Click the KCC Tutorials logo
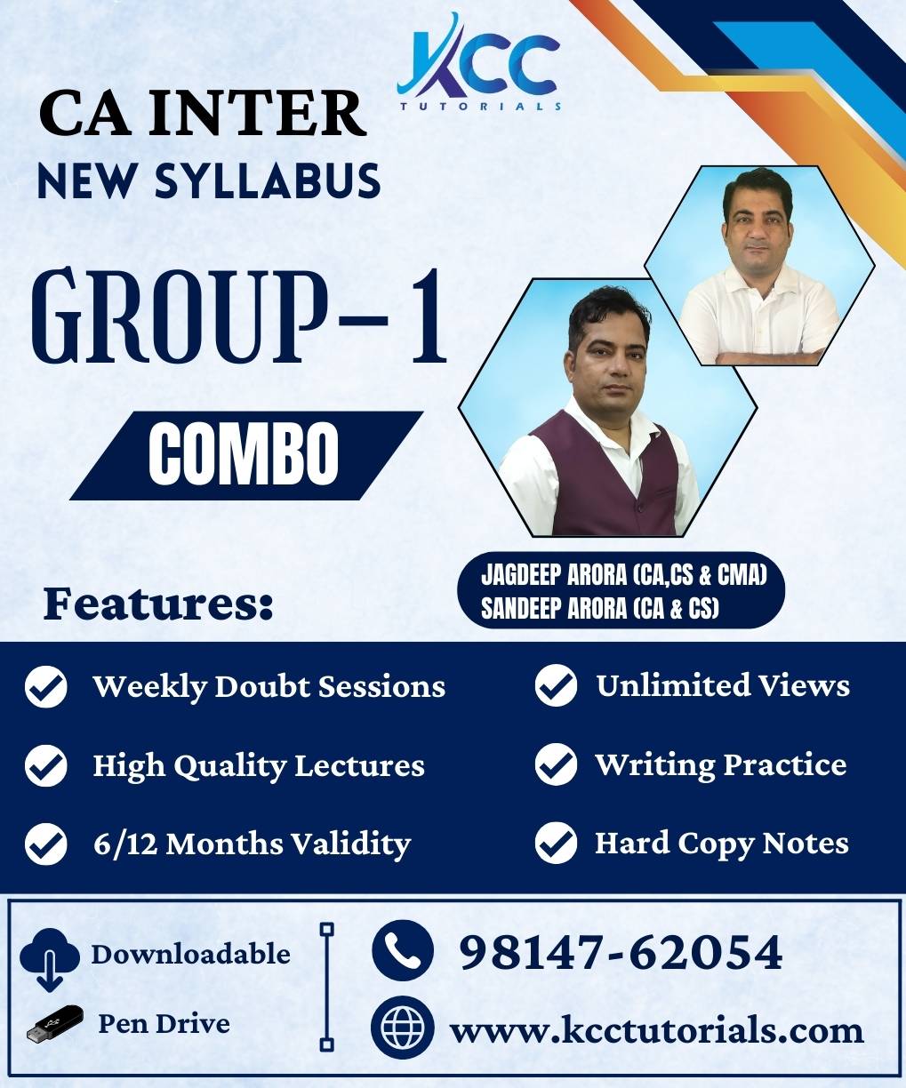(x=478, y=62)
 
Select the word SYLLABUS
(x=268, y=180)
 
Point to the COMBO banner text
(x=244, y=454)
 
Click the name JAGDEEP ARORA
(x=554, y=575)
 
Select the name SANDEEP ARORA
(x=554, y=608)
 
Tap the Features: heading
(x=158, y=605)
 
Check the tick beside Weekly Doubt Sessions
(x=46, y=686)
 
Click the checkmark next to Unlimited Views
(x=556, y=685)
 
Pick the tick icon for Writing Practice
(x=556, y=764)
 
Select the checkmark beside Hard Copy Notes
(x=556, y=843)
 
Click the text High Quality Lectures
(x=259, y=766)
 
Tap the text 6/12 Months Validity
(x=252, y=844)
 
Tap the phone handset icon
(x=403, y=951)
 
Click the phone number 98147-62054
(x=621, y=952)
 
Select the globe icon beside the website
(x=403, y=1027)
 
